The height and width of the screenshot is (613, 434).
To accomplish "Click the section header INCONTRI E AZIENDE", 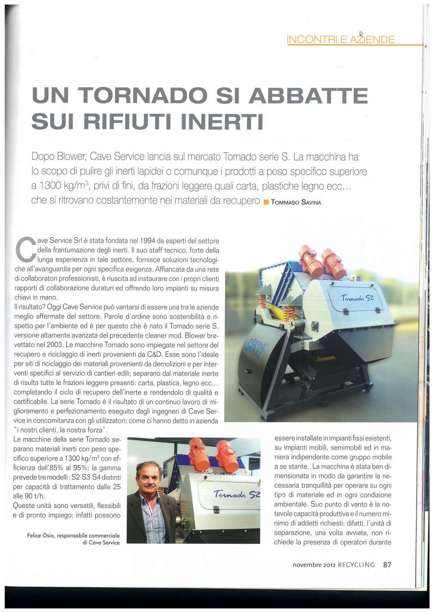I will click(x=341, y=39).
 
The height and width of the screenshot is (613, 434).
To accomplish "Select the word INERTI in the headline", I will click(x=222, y=122).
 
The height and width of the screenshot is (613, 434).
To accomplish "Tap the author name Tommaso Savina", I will click(x=296, y=202).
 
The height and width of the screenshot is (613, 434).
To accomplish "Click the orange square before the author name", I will click(x=266, y=202).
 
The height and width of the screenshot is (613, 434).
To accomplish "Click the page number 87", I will click(x=387, y=564).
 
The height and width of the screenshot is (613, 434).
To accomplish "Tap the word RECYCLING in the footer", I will click(x=356, y=565).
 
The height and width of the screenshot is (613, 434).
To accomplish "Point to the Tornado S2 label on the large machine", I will click(x=357, y=298).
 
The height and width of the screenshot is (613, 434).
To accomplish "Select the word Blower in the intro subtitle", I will click(x=72, y=156).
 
